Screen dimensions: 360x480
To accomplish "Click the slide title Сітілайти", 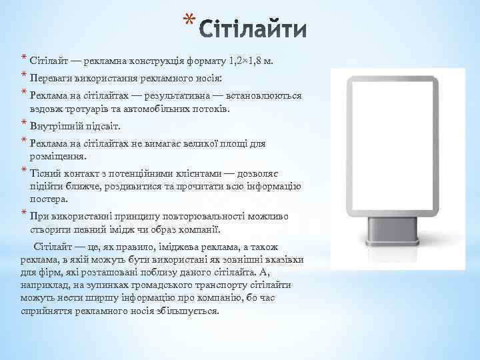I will [x=253, y=30].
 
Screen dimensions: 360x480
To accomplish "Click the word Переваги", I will [x=49, y=77].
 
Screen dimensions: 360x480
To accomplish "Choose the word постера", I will [x=46, y=199].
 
